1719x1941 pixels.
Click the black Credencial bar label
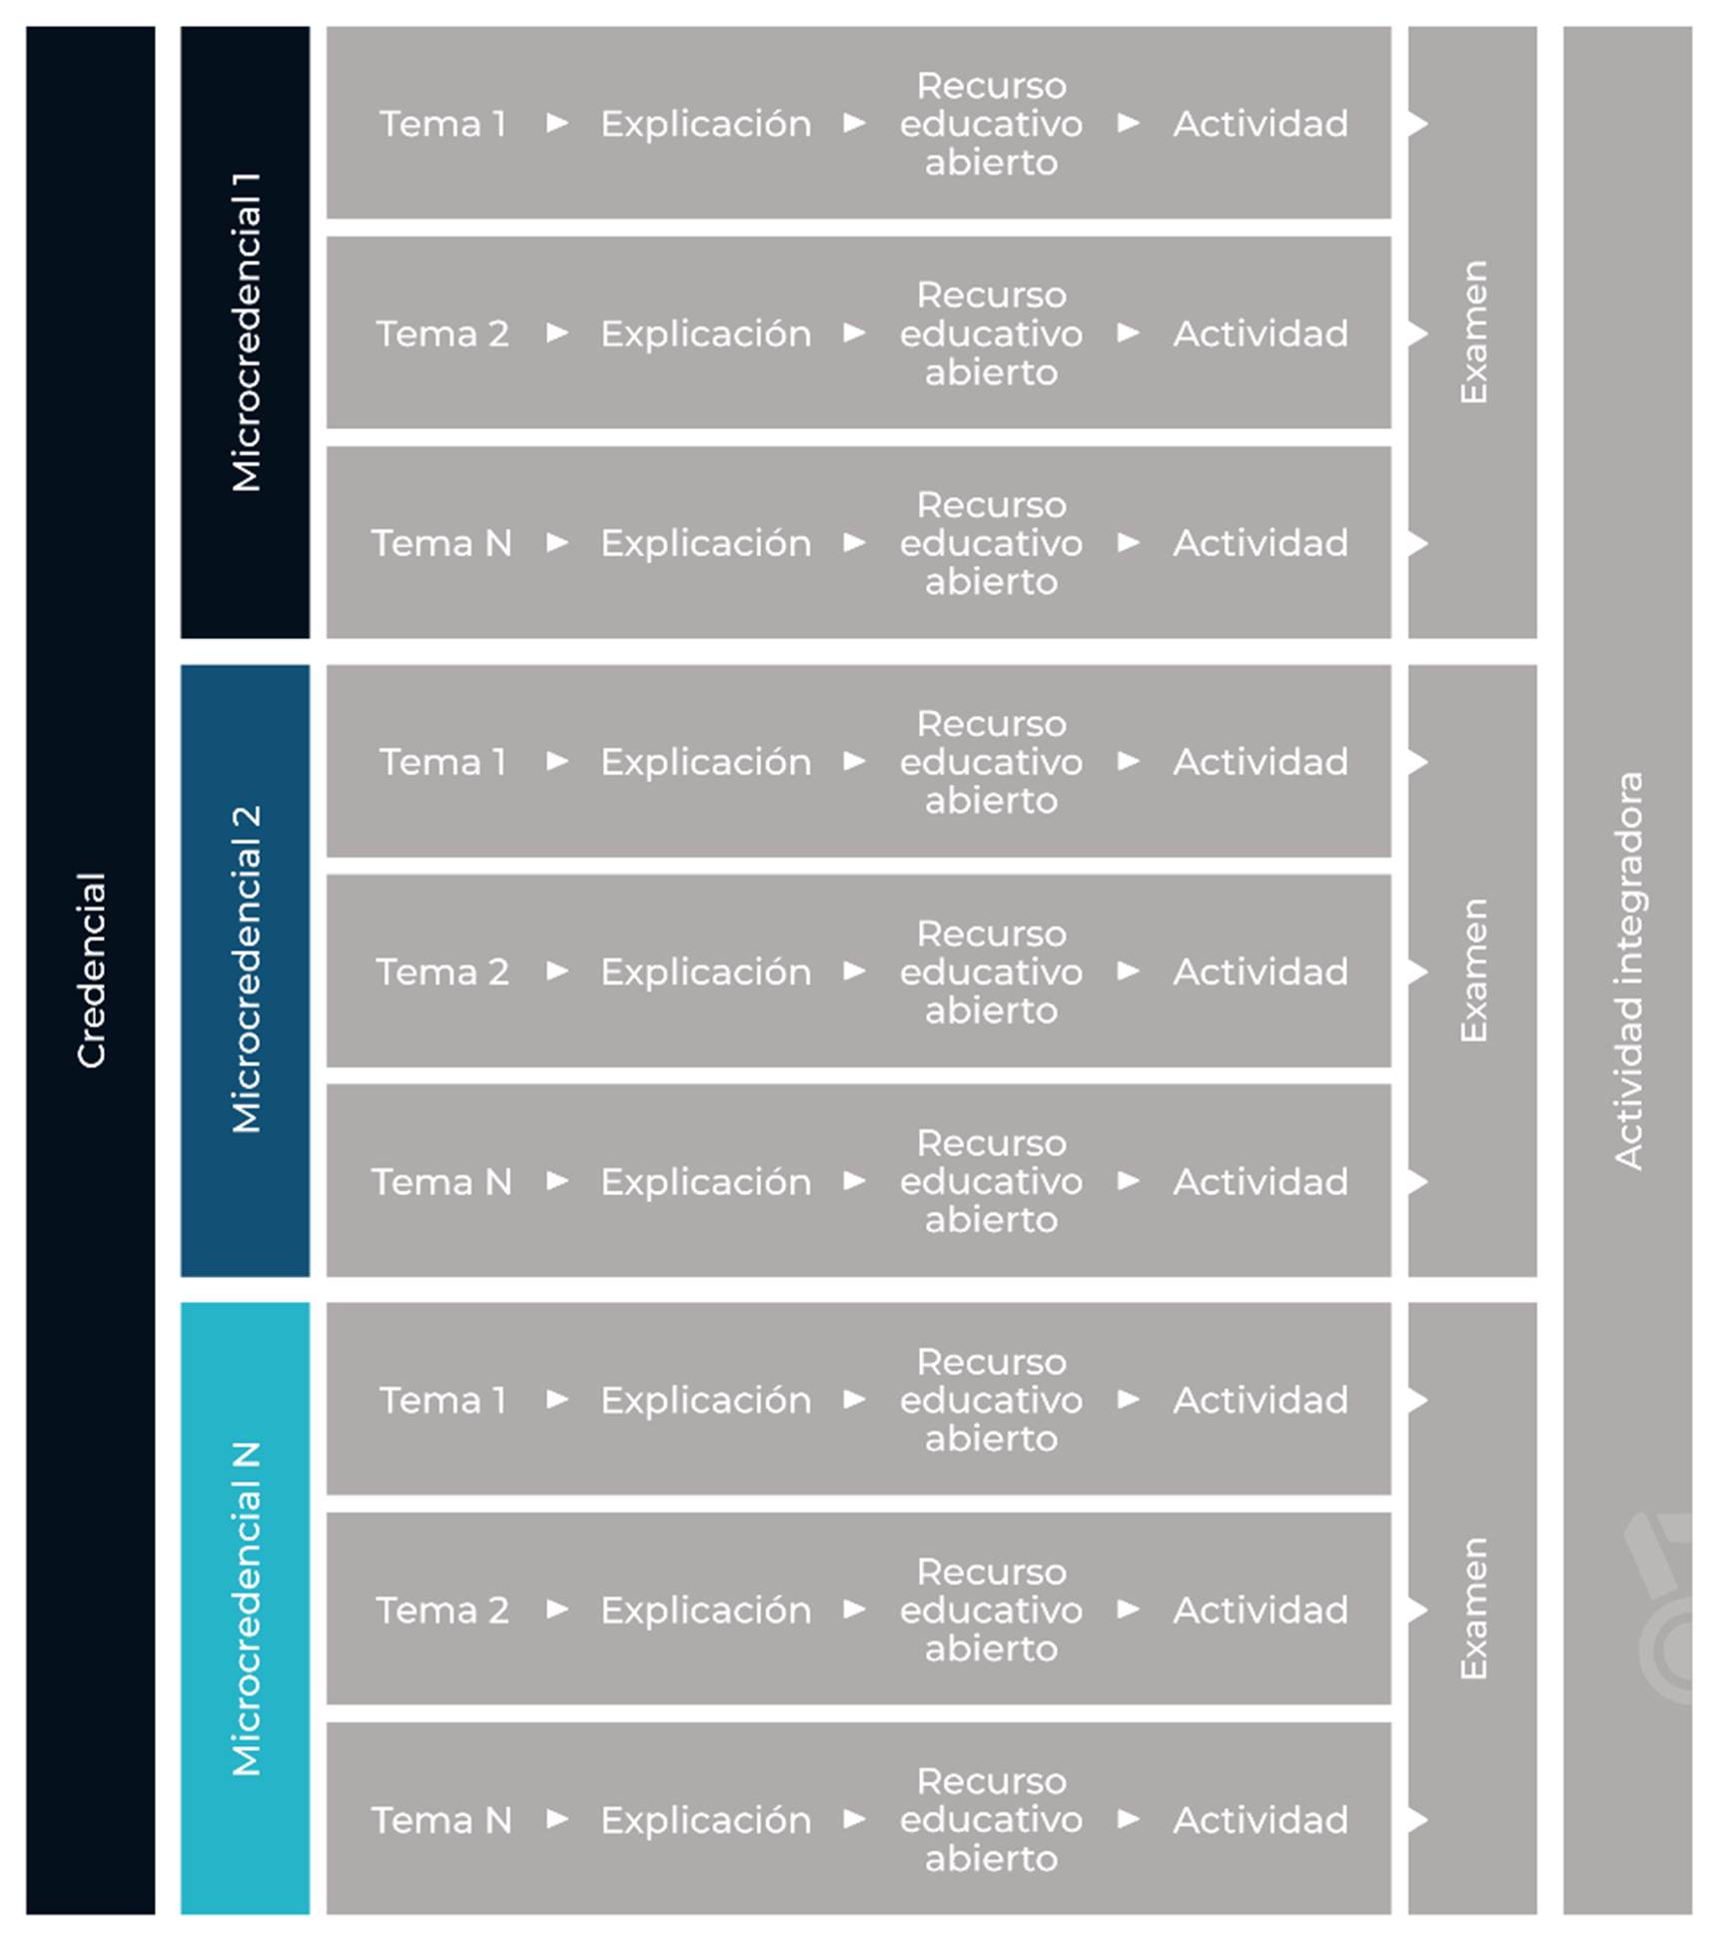point(91,970)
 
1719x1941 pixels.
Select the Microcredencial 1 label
point(246,331)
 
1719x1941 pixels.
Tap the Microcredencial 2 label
point(246,970)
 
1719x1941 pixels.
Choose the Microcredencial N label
point(246,1609)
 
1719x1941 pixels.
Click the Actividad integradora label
point(1628,970)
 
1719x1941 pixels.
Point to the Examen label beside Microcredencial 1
point(1473,331)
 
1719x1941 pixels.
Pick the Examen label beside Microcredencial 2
point(1473,970)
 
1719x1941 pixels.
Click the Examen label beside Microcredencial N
point(1473,1609)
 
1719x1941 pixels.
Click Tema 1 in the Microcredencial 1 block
point(442,124)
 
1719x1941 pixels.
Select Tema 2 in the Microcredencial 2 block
point(442,971)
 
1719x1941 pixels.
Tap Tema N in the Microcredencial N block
point(442,1820)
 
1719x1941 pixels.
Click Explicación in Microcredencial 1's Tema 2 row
point(706,333)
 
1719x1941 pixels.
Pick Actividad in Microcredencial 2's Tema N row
point(1261,1181)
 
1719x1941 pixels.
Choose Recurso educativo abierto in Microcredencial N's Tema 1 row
point(991,1400)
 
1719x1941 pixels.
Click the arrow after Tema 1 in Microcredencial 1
point(557,123)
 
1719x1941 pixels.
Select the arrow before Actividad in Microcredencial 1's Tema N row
point(1129,542)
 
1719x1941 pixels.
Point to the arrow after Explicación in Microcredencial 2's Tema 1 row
point(854,761)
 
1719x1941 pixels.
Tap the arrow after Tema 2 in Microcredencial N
point(557,1609)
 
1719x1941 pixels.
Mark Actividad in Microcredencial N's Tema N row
point(1261,1819)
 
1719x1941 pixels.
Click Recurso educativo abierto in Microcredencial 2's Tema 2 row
point(991,971)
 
